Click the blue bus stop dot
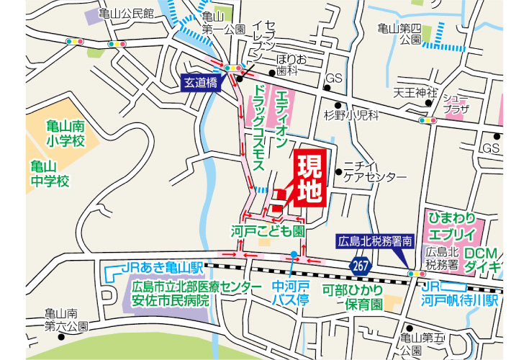tap(294, 253)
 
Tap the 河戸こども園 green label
tap(268, 232)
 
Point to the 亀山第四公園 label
tap(400, 34)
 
